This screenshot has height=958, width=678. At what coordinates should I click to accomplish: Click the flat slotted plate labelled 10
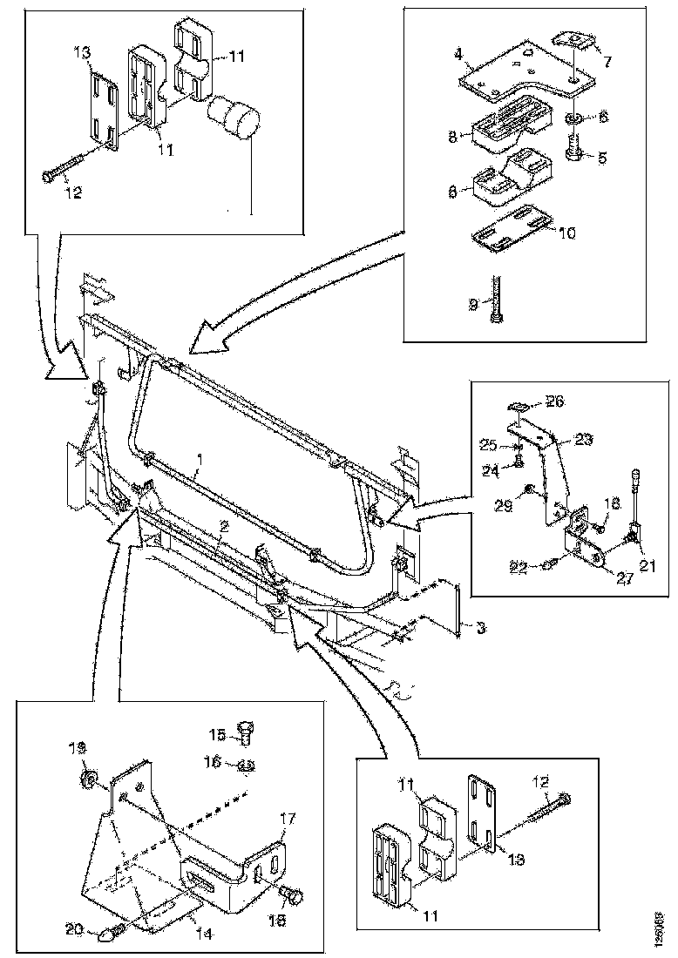(508, 236)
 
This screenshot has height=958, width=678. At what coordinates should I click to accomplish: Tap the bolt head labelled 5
(575, 153)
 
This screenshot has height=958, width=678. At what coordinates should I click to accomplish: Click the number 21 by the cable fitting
(645, 567)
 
